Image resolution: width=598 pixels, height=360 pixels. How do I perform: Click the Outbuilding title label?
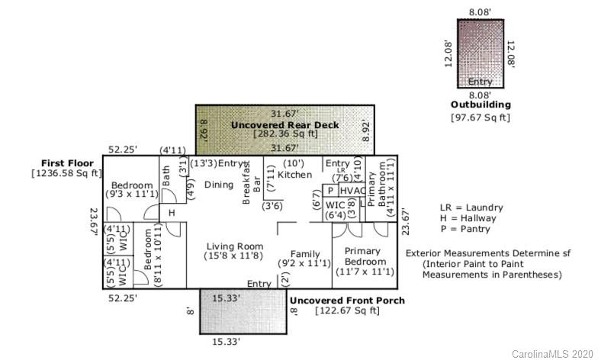(x=481, y=105)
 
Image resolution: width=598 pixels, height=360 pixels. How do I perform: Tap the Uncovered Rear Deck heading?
(x=285, y=125)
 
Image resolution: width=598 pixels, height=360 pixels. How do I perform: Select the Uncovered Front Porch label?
(x=348, y=301)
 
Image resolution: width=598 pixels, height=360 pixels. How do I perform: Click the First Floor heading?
(x=67, y=163)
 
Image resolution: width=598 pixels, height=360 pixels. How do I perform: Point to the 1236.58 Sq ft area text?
(x=67, y=174)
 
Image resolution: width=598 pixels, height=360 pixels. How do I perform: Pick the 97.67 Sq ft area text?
(x=481, y=117)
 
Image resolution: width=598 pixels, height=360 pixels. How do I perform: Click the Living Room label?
(x=235, y=246)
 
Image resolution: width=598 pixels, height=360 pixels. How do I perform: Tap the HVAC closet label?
(x=352, y=191)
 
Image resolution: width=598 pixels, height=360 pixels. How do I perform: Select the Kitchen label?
(x=294, y=175)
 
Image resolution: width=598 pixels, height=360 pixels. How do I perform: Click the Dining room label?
(x=219, y=185)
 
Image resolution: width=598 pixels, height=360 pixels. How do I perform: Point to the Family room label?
(x=305, y=254)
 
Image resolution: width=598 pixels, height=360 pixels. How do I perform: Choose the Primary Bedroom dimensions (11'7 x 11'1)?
(x=365, y=272)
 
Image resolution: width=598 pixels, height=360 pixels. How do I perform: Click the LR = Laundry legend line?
(x=471, y=207)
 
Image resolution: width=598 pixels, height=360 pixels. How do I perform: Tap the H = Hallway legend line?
(x=468, y=218)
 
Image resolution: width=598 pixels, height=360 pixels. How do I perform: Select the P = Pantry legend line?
(x=465, y=229)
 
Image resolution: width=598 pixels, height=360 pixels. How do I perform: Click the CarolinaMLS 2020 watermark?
(x=552, y=354)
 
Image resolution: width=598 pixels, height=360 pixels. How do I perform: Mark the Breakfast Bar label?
(x=252, y=182)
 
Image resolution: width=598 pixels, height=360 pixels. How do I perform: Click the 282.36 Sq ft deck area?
(x=285, y=134)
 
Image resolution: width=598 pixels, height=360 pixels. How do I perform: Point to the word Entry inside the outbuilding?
(x=480, y=82)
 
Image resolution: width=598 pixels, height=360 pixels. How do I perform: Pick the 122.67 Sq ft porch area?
(x=348, y=310)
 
